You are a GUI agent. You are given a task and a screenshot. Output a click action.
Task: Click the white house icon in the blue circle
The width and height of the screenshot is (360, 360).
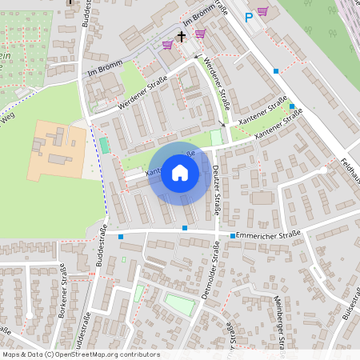click(180, 173)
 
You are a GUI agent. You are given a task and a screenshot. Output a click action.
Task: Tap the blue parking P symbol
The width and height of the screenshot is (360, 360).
click(249, 16)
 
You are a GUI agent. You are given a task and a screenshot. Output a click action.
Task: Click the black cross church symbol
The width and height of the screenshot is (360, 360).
click(182, 36)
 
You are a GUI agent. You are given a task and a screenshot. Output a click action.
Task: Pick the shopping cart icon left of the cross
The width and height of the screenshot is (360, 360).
click(166, 45)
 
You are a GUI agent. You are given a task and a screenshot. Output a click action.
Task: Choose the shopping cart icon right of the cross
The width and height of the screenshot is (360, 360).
click(199, 34)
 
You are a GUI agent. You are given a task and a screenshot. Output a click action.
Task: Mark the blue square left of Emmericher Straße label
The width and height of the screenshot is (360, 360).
click(233, 236)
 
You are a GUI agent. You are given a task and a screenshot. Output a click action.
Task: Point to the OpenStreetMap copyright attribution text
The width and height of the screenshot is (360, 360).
click(81, 354)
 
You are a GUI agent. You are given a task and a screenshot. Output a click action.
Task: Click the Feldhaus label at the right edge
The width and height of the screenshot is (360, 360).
click(350, 169)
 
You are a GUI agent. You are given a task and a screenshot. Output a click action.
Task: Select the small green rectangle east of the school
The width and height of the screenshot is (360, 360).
click(104, 146)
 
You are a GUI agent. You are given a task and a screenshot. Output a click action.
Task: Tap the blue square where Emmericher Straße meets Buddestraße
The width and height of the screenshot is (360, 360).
click(121, 236)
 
